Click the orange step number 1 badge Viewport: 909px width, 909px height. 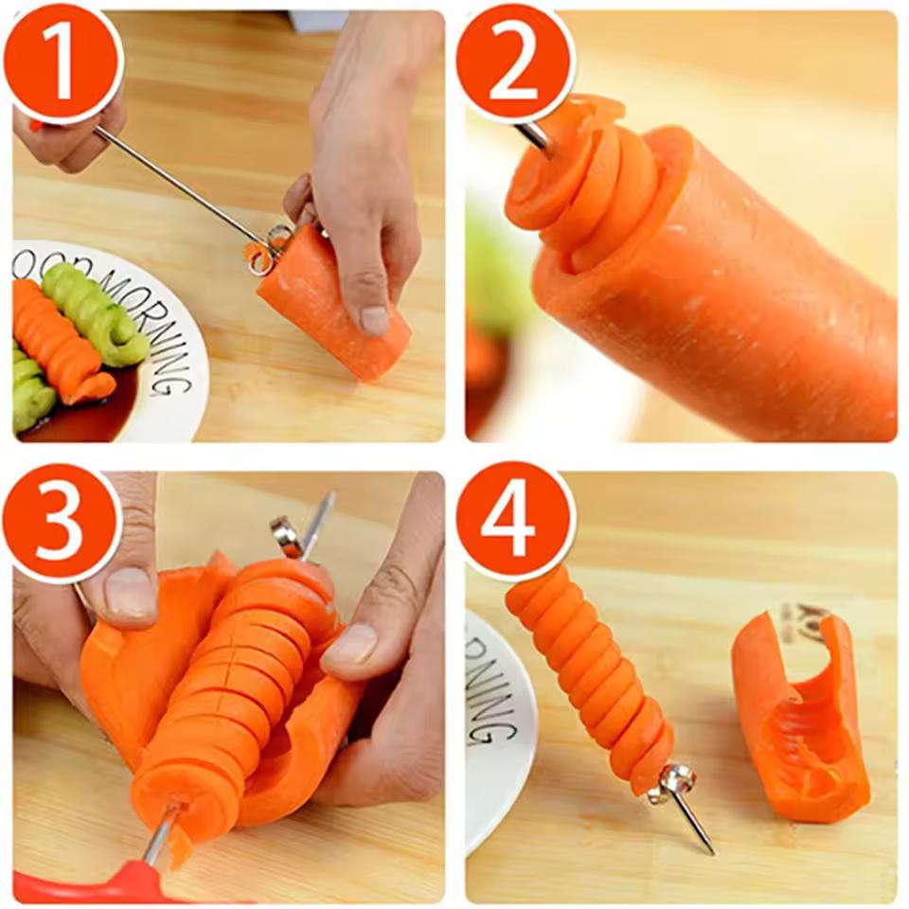(62, 62)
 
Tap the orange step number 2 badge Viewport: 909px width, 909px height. (514, 62)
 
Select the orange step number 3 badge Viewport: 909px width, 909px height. (62, 524)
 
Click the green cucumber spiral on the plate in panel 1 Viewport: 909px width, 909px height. (95, 312)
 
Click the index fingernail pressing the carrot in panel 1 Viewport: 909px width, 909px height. (374, 319)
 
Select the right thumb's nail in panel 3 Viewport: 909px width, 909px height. (350, 644)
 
